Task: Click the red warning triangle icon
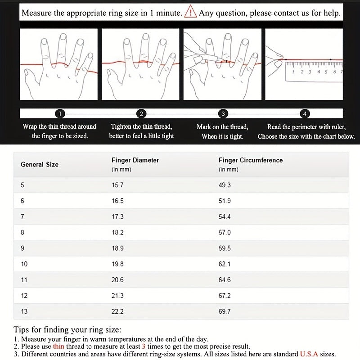(x=191, y=12)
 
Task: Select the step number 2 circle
(x=142, y=114)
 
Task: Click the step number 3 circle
(x=223, y=114)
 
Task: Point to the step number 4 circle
(x=305, y=114)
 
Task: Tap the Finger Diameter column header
(x=135, y=160)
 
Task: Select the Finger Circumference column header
(x=251, y=160)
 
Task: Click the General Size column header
(x=40, y=164)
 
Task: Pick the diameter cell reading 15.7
(x=117, y=185)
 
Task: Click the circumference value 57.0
(x=225, y=233)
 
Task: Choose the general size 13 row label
(x=24, y=311)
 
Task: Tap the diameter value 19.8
(x=117, y=264)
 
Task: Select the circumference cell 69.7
(x=225, y=311)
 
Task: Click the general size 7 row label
(x=22, y=217)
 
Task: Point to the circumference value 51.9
(x=225, y=201)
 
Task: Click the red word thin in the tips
(x=58, y=346)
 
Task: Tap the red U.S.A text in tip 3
(x=309, y=354)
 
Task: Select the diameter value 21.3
(x=117, y=296)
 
